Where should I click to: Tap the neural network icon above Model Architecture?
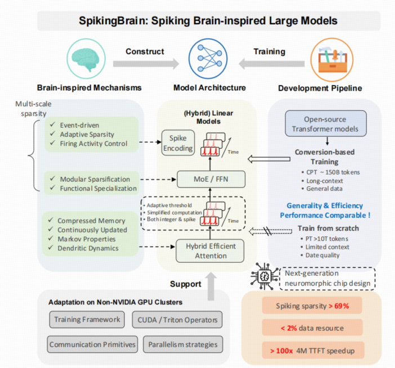(204, 59)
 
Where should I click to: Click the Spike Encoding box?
(177, 144)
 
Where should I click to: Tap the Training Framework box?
(87, 320)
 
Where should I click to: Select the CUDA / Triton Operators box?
(176, 320)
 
